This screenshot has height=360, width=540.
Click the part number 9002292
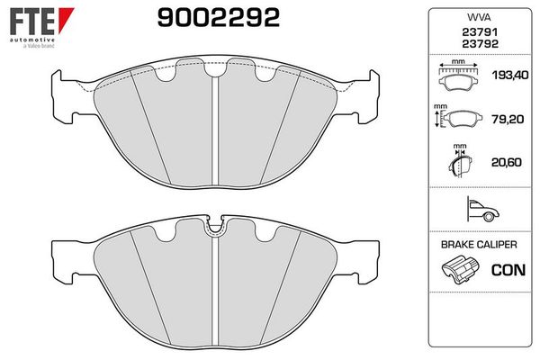tap(219, 18)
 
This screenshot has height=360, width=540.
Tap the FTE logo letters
tap(32, 21)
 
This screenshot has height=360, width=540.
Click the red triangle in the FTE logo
tap(65, 20)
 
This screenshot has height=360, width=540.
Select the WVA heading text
tap(479, 17)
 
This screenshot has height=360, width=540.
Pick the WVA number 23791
tap(480, 32)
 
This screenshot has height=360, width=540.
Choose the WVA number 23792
tap(480, 44)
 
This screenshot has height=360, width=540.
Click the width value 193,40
tap(510, 75)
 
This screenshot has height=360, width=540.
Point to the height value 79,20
tap(508, 119)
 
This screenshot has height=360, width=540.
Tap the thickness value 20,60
tap(506, 162)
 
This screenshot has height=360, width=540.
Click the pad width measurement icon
tap(458, 76)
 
